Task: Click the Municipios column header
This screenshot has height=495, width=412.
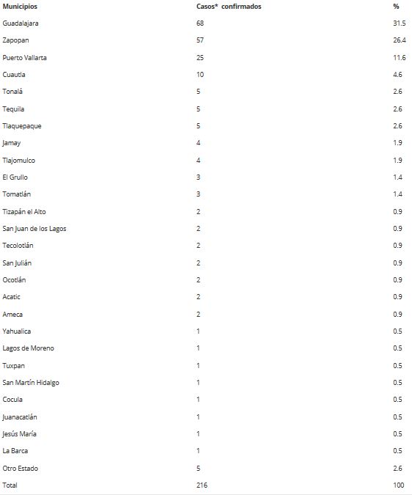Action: click(20, 7)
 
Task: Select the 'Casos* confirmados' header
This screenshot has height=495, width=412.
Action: click(229, 7)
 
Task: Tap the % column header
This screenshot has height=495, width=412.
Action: click(396, 7)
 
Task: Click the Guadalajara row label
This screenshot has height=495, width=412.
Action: click(21, 23)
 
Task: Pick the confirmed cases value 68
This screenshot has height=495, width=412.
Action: click(200, 23)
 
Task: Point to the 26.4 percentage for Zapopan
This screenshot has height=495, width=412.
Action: click(400, 40)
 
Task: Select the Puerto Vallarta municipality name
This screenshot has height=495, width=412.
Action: click(25, 57)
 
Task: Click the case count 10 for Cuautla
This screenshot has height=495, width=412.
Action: click(200, 75)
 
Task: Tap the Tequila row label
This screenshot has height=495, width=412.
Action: click(13, 109)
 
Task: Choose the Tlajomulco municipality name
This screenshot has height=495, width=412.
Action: click(19, 160)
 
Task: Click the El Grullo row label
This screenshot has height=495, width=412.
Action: click(15, 177)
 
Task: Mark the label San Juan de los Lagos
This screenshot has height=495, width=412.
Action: click(34, 229)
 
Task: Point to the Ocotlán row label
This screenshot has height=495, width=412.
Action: click(15, 280)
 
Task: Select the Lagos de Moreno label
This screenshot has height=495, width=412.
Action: click(28, 348)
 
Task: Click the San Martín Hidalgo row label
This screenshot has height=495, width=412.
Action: click(31, 383)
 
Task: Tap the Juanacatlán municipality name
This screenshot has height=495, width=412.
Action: click(20, 417)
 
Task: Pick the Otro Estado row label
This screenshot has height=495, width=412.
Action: click(21, 468)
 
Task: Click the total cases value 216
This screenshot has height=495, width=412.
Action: click(202, 485)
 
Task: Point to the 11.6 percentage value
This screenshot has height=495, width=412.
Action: click(400, 57)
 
